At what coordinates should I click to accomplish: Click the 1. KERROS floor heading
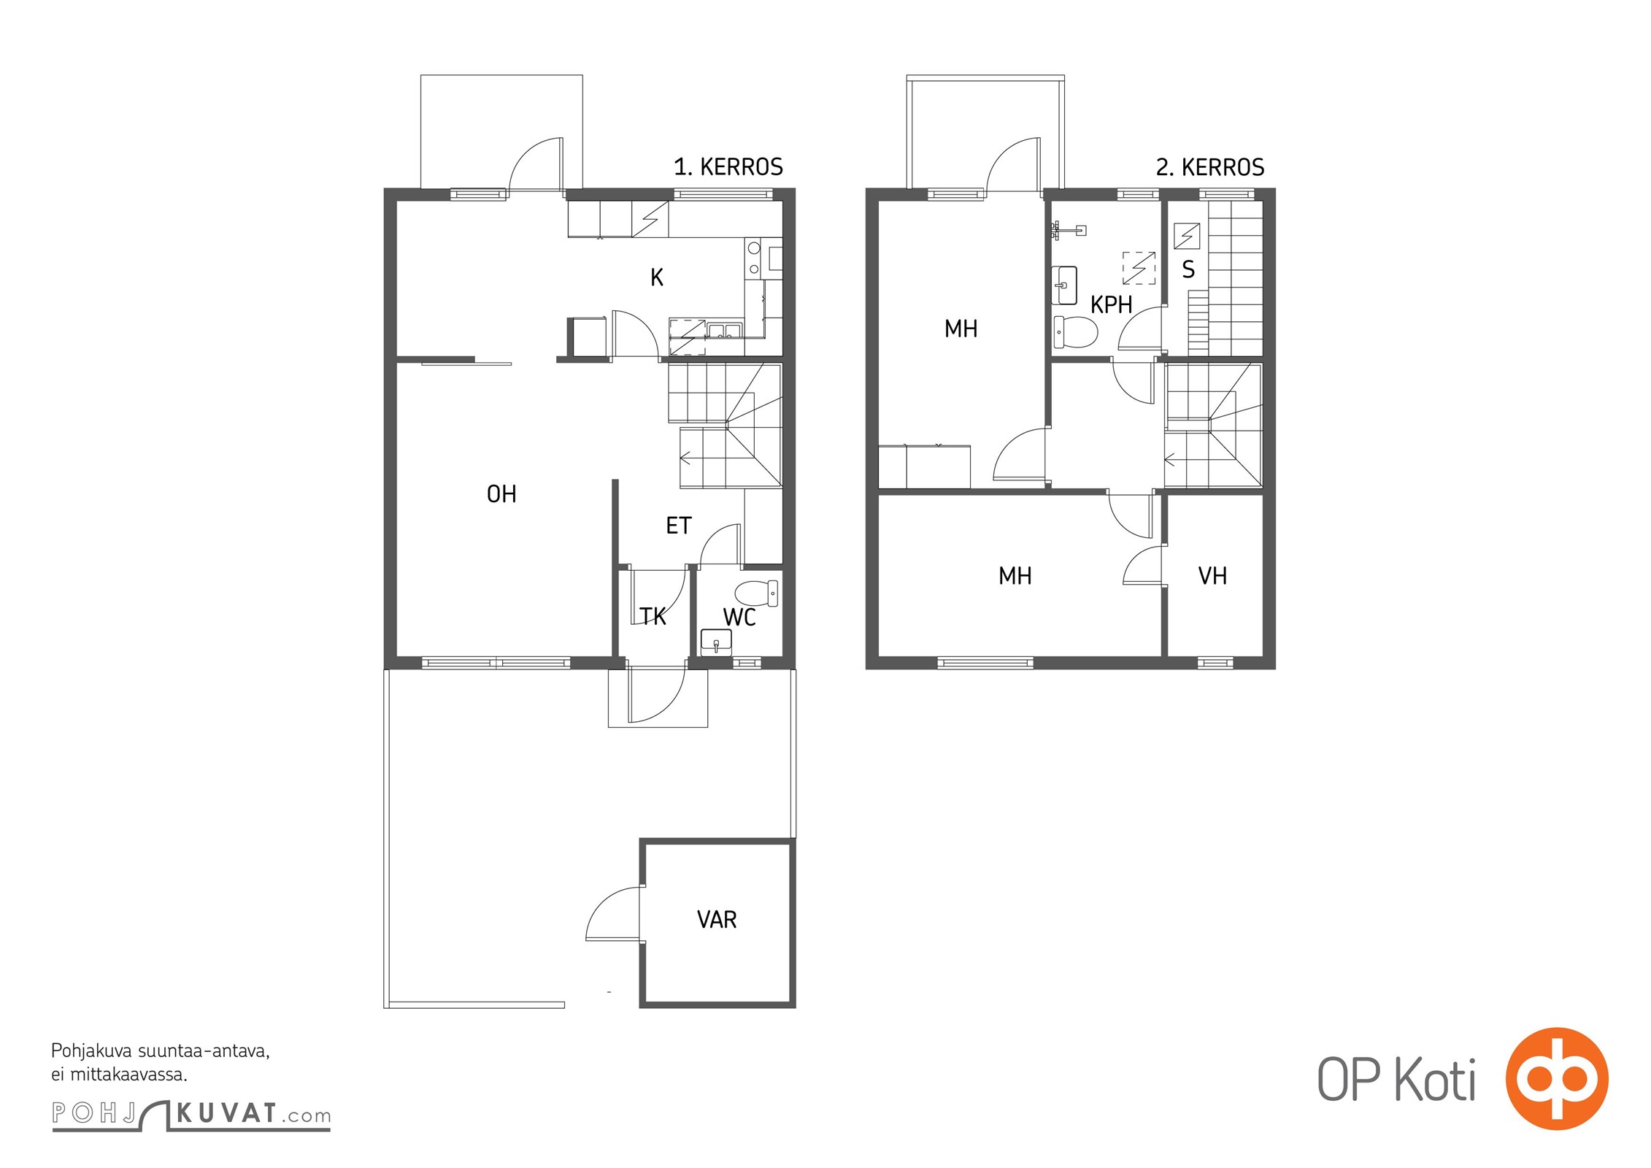728,167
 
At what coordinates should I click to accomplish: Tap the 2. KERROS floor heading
1209,167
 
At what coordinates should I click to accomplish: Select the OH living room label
501,494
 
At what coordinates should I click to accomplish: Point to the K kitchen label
657,277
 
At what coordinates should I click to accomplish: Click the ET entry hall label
678,526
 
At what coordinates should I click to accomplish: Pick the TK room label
653,617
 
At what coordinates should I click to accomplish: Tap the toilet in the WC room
756,593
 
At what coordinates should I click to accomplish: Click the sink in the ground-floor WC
716,642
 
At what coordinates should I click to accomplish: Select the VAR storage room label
717,919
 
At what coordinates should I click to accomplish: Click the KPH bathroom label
1111,304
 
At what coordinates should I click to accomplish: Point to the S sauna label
1188,269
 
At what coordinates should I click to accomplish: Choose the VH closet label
1212,576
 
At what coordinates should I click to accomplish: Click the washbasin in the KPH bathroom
1064,285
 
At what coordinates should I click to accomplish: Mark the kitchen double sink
724,331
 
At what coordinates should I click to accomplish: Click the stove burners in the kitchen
754,258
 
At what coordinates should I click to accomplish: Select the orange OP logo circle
1557,1079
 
